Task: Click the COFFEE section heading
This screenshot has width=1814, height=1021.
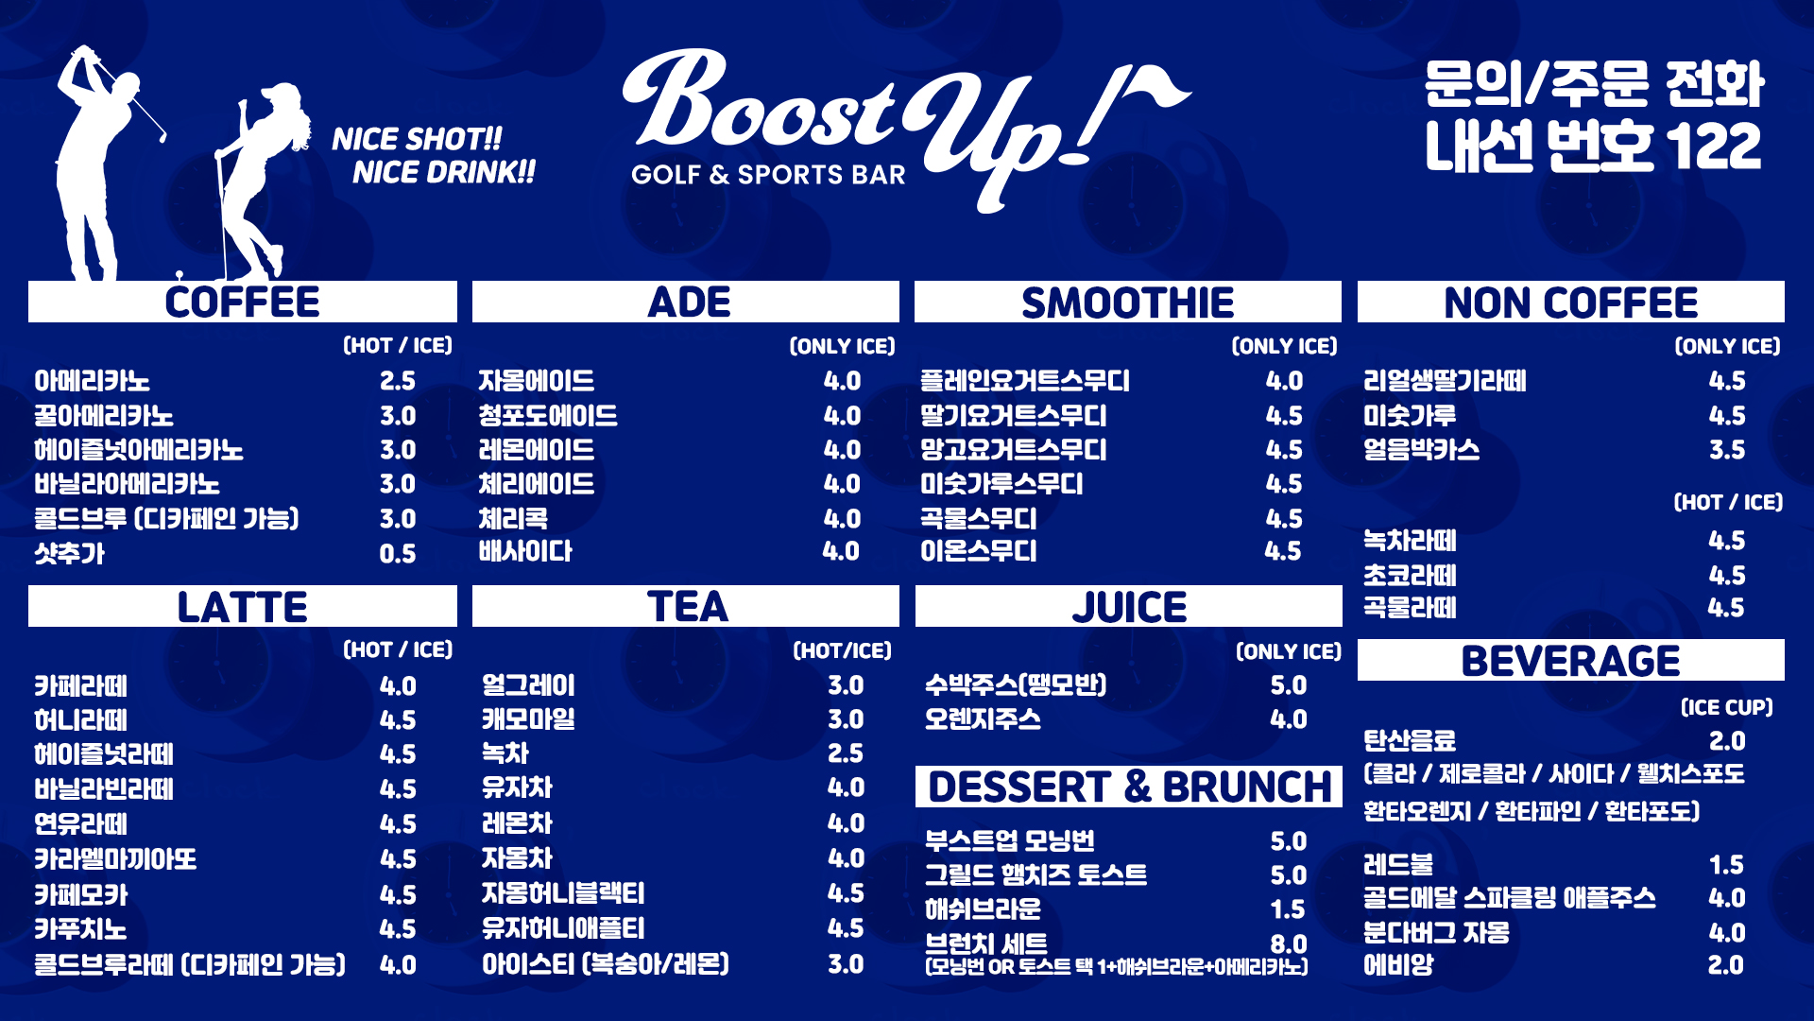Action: (242, 303)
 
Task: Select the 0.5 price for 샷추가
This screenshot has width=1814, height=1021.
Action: (397, 554)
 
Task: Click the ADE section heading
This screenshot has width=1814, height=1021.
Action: (689, 303)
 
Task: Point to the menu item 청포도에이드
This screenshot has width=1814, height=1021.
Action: (547, 416)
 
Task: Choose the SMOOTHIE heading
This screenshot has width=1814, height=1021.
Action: (1127, 303)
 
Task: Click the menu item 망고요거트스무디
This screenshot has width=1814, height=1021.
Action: (1013, 450)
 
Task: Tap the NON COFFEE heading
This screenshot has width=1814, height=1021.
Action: (1570, 303)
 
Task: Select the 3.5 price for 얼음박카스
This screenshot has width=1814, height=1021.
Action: (1726, 450)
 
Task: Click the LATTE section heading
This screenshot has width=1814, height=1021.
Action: (242, 607)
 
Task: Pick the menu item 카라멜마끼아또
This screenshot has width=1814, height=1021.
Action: (115, 859)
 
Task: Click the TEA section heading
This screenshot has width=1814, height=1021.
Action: (687, 607)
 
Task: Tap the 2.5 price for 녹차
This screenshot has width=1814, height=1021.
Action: (845, 753)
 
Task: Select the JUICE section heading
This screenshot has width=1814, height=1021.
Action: (1129, 607)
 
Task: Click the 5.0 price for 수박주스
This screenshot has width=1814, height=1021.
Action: (1288, 685)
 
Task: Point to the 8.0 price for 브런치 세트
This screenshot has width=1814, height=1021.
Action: (1288, 944)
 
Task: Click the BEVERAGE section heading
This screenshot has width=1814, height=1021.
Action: (1570, 661)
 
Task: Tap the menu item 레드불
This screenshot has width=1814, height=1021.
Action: (1397, 865)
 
